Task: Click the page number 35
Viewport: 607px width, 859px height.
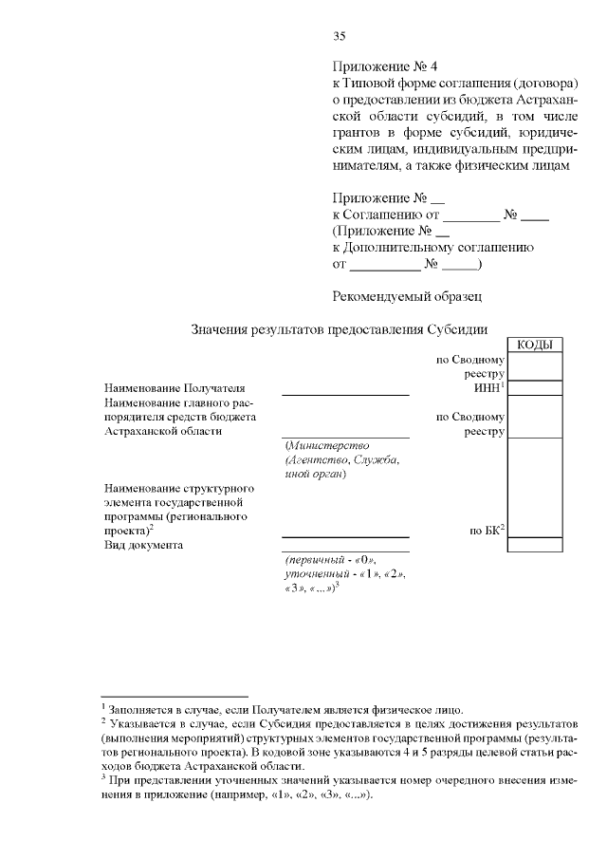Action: tap(339, 37)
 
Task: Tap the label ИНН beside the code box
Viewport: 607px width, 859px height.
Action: tap(487, 388)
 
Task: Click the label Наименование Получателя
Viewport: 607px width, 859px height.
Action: tap(175, 388)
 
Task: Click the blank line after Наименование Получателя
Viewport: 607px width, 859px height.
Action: tap(345, 393)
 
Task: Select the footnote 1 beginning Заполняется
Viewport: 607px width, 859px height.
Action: tap(285, 709)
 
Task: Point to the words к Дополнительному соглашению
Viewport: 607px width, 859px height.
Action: tap(432, 247)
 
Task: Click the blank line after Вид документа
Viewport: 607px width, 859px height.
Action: tap(345, 550)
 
